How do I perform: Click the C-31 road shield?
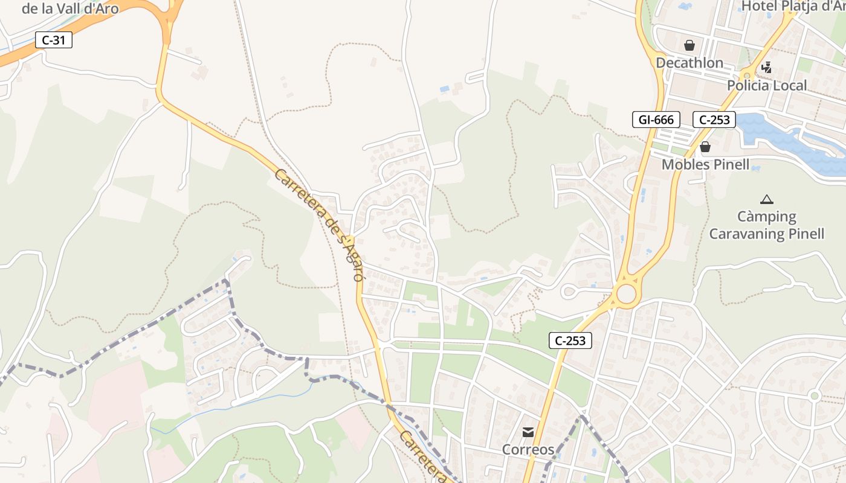54,40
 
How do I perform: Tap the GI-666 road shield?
656,120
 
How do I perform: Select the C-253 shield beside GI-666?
714,120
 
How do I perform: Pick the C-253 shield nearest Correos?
570,341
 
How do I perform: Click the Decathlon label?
689,63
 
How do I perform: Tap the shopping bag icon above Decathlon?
689,45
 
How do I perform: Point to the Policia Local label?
767,85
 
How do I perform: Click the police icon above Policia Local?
766,68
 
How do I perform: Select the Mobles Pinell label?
705,164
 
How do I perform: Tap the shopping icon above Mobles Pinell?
705,147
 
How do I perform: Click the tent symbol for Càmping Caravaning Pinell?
766,199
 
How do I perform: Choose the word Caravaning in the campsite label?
748,234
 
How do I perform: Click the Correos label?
528,450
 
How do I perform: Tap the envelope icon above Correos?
528,432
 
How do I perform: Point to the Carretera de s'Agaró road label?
319,225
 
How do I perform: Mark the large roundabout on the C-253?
626,294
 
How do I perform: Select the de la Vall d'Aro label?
70,8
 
